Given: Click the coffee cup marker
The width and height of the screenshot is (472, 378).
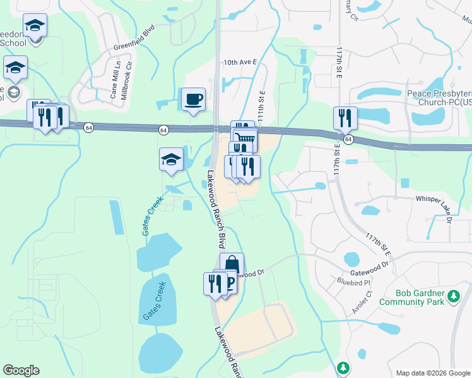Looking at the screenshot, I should (x=193, y=99).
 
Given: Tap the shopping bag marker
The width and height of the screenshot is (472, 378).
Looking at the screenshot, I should (x=232, y=264).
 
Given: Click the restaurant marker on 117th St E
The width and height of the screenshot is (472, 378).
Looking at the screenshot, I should (x=345, y=118).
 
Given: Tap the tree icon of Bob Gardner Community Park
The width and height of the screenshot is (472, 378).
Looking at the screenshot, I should (x=452, y=295).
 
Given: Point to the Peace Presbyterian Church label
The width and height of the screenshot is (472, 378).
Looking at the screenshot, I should (x=439, y=97).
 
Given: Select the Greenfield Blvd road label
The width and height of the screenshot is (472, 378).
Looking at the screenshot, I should (x=134, y=38).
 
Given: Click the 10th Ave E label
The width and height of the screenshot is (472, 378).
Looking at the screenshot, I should (x=240, y=62).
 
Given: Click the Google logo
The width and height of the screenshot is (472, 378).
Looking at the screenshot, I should (x=21, y=370).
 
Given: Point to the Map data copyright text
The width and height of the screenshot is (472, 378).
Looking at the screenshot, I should (x=432, y=372).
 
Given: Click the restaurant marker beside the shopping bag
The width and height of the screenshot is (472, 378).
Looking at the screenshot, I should (x=215, y=284).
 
